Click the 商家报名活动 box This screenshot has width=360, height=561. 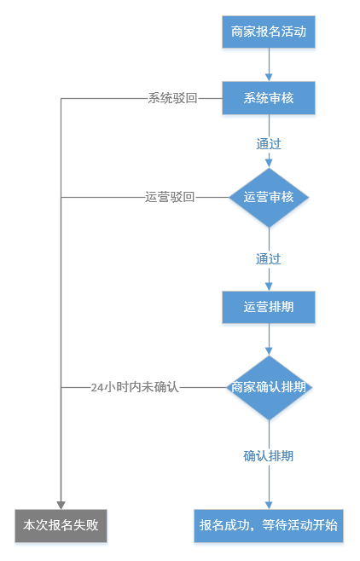269,32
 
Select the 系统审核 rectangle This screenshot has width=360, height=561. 269,98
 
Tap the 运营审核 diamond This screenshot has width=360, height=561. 269,197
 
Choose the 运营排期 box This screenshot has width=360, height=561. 269,307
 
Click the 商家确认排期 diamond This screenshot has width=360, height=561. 269,387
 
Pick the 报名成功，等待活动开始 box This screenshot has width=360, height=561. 269,525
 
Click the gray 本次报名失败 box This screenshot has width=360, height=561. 61,525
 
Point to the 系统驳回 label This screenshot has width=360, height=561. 172,98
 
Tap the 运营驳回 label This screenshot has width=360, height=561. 170,197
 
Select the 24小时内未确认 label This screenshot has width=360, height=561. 135,387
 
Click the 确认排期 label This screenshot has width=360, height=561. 269,456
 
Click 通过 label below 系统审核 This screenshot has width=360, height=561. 269,144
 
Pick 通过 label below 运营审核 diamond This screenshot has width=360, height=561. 269,258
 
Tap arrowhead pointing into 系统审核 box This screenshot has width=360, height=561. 269,78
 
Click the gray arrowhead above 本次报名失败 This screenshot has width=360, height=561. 61,505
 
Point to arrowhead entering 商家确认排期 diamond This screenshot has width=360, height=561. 269,351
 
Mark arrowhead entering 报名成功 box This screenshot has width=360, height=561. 269,505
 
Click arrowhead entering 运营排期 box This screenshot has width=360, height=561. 269,286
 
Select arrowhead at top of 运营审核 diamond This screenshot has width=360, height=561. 269,164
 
